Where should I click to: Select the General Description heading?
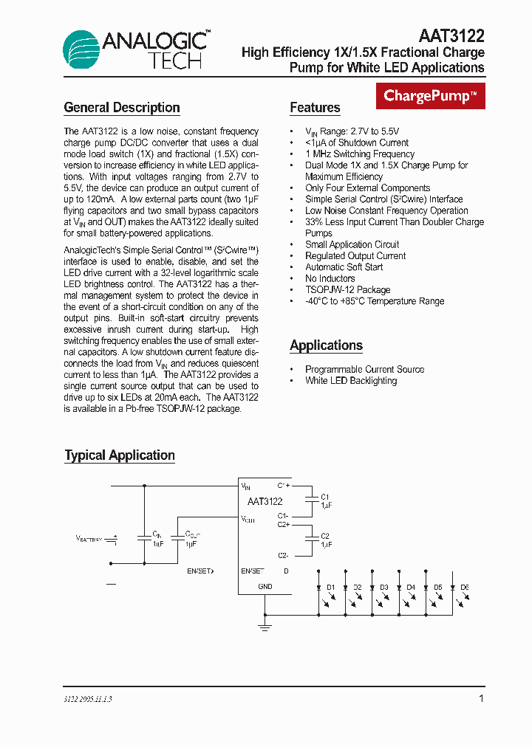pos(122,108)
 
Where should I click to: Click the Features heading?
pos(315,108)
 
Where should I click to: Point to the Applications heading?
pos(326,345)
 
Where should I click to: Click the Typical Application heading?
pos(120,455)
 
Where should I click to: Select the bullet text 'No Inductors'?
pos(330,279)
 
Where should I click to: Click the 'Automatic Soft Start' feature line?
pos(344,267)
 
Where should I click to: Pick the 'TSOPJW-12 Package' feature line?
pos(347,290)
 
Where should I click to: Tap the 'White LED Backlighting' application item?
pos(351,381)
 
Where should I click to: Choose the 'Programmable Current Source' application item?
pos(364,370)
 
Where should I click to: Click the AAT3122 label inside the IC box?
pos(265,502)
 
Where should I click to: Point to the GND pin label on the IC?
pos(265,587)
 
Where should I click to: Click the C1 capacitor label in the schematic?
pos(325,497)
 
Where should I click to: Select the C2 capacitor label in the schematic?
pos(325,536)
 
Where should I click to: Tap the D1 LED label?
pos(331,588)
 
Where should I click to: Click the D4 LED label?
pos(411,588)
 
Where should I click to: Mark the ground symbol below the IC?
pos(265,626)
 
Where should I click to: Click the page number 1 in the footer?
pos(481,698)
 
